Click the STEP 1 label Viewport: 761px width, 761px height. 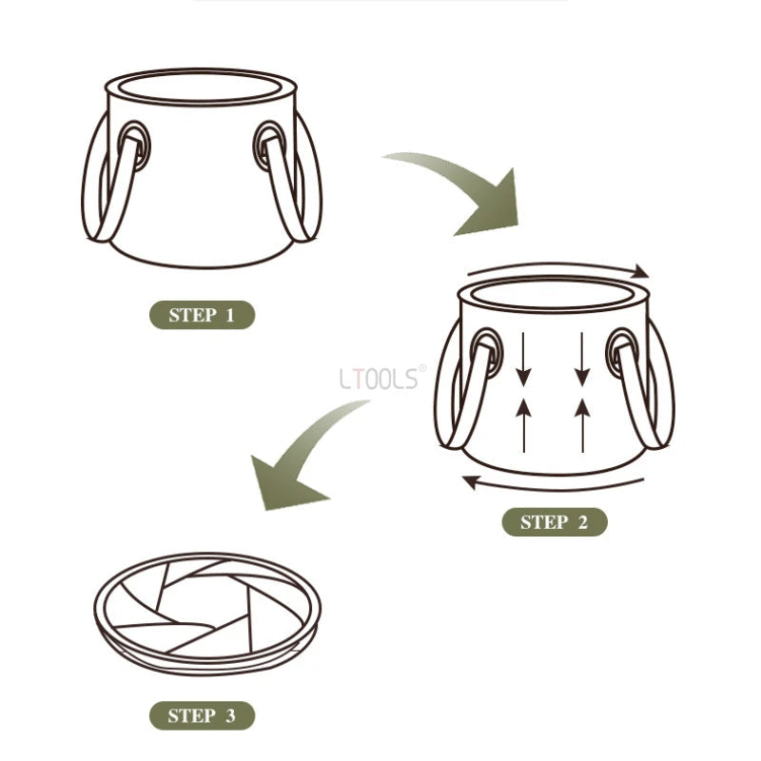(201, 315)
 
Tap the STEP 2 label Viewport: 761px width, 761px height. (554, 521)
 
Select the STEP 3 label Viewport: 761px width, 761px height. (201, 715)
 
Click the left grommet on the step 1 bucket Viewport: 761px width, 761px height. (134, 145)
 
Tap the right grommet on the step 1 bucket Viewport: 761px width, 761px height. (268, 145)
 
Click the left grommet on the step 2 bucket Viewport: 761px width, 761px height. (487, 352)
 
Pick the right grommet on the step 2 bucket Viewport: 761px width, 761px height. (622, 352)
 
